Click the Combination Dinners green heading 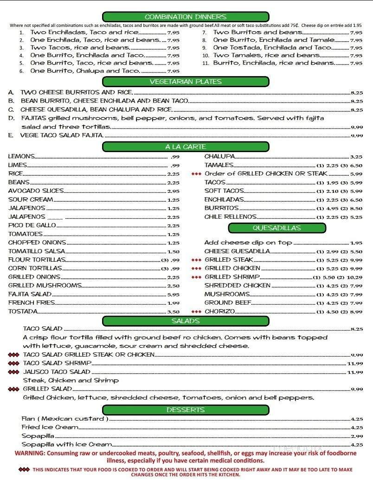coord(186,17)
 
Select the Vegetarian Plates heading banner coord(186,82)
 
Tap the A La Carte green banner coord(186,147)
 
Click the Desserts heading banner coord(186,410)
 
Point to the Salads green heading coord(186,321)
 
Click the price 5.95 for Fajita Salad coord(173,294)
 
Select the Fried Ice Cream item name coord(50,427)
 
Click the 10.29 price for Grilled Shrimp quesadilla coord(354,277)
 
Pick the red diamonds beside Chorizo coord(196,312)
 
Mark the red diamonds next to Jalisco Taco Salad coord(14,372)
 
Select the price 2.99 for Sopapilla coord(357,436)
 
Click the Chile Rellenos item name coord(230,217)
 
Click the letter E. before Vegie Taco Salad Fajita coord(10,135)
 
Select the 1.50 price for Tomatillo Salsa coord(173,251)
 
